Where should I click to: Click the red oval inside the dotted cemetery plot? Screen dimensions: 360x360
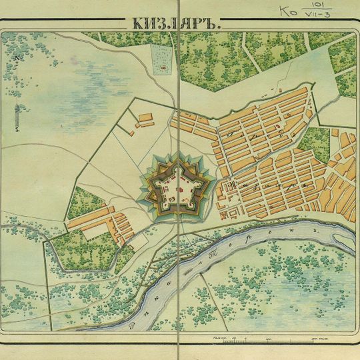[x=162, y=68]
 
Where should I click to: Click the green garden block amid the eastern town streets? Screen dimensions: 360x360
[x=313, y=143]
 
